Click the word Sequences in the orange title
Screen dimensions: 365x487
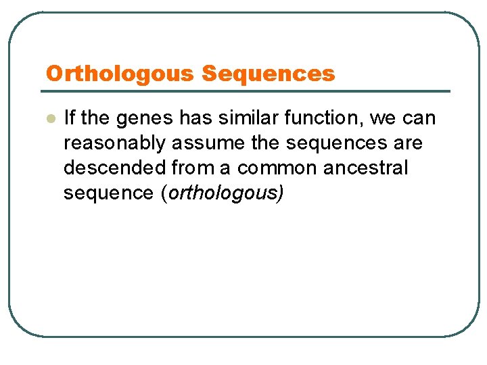[269, 74]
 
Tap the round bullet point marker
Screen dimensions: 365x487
[49, 119]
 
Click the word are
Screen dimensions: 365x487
[408, 144]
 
